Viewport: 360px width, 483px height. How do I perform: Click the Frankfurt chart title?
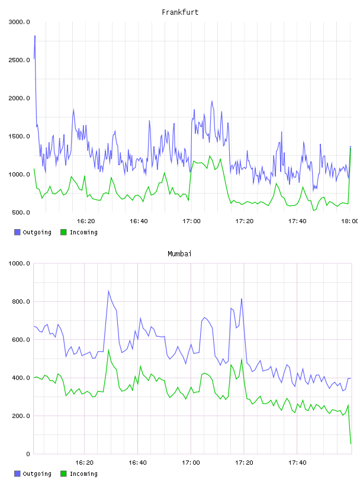[x=180, y=12]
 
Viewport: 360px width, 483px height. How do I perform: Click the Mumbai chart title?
[x=179, y=254]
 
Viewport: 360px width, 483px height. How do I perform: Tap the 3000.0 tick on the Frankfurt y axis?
[x=20, y=22]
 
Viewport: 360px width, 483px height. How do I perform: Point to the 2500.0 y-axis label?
[x=20, y=60]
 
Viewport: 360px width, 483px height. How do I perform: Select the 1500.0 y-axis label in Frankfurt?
[x=20, y=137]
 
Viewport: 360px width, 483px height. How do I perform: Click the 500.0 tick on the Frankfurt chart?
[x=21, y=212]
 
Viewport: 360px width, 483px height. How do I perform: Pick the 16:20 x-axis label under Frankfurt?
[x=86, y=221]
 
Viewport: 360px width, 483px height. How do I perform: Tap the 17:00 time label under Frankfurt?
[x=191, y=221]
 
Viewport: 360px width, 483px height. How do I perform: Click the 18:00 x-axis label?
[x=350, y=221]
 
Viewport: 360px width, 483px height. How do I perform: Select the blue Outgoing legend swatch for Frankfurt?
[x=17, y=232]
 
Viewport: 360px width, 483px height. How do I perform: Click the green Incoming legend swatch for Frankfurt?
[x=63, y=232]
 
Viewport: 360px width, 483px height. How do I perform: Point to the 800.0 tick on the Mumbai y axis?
[x=21, y=301]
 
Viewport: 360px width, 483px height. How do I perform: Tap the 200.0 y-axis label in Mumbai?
[x=21, y=416]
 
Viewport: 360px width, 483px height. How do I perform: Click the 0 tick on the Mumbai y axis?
[x=28, y=454]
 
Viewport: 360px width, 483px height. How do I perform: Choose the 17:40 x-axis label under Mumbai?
[x=297, y=463]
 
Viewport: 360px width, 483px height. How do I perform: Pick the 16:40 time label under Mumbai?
[x=137, y=463]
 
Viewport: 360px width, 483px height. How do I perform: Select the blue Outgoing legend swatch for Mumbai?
[x=17, y=474]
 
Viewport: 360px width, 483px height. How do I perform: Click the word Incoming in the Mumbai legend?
[x=83, y=474]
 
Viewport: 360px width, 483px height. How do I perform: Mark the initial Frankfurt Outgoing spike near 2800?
[x=35, y=36]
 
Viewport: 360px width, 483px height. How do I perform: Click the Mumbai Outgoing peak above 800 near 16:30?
[x=108, y=291]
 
